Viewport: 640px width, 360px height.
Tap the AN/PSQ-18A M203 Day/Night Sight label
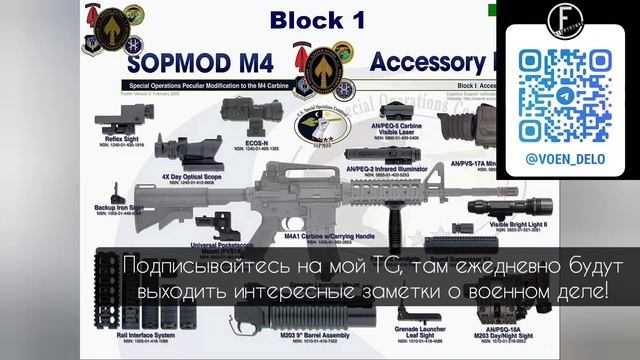526,332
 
